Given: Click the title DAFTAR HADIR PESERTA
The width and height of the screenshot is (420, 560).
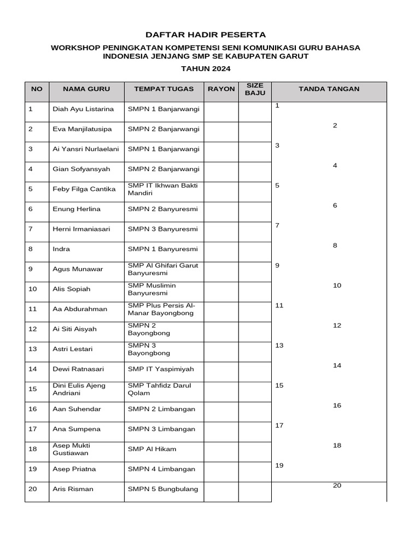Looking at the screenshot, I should (206, 34).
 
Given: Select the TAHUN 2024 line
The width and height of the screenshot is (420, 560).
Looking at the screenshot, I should (206, 69).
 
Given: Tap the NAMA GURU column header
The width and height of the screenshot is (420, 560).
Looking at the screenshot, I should (86, 89).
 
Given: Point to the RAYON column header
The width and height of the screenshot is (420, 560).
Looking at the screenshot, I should (221, 89).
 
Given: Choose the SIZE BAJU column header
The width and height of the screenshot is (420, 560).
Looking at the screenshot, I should (255, 89).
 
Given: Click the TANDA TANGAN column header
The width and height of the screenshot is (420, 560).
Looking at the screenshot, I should (329, 89).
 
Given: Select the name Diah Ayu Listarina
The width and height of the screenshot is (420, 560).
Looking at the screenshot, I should (83, 109).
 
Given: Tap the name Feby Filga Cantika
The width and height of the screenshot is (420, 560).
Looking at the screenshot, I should (84, 189).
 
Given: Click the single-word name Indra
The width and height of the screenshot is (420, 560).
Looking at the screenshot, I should (61, 249).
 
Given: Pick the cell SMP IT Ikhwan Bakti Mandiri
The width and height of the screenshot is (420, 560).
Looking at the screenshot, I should (162, 189).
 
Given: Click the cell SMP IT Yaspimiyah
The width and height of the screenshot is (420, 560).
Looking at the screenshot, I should (161, 369).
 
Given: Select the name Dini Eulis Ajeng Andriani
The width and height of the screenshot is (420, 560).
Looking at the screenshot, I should (79, 389).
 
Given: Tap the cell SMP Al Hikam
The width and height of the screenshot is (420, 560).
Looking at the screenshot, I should (152, 449).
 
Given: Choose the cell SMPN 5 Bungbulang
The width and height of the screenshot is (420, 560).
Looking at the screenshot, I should (163, 489).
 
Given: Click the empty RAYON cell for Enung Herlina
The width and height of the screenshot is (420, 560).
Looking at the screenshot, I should (221, 209).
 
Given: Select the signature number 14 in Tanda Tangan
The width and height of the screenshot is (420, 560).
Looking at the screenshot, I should (337, 365).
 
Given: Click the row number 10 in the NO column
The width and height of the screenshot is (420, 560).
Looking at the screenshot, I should (33, 289).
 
